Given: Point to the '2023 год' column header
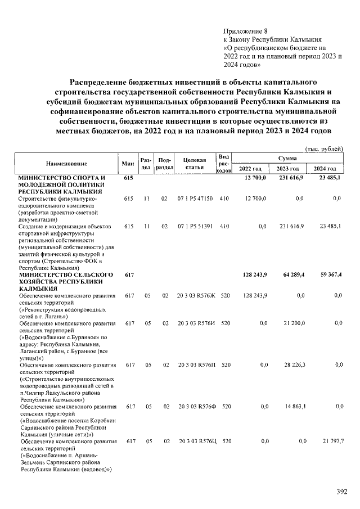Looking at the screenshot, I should pos(287,169).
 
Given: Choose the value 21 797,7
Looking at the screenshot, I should pos(331,442).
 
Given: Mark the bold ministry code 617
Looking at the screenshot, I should pos(128,274).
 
